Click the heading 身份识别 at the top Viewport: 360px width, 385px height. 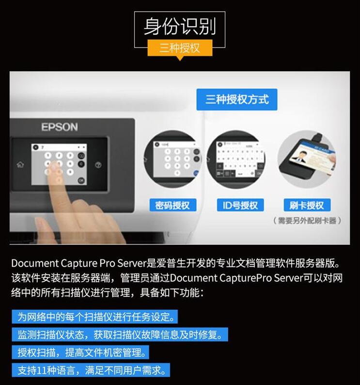tap(179, 26)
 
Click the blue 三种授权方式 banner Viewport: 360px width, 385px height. tap(237, 100)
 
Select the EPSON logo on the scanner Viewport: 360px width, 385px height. tap(59, 127)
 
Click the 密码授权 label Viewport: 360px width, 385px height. tap(172, 205)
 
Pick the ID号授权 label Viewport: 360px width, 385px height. tap(240, 205)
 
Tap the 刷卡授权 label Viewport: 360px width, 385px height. tap(306, 205)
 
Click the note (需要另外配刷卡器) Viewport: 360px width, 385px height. tap(307, 221)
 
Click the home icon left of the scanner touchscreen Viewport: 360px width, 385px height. tap(20, 164)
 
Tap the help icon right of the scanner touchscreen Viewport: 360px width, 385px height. tap(98, 165)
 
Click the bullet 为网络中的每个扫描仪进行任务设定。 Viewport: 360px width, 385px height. tap(95, 317)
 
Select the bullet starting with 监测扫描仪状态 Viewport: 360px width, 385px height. tap(120, 335)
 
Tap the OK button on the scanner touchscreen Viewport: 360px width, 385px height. tap(81, 180)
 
